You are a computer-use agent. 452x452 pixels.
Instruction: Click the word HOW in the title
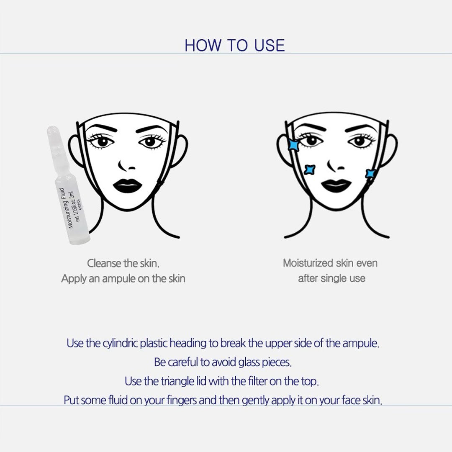pyautogui.click(x=203, y=45)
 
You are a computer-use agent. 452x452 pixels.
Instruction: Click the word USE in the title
pyautogui.click(x=269, y=45)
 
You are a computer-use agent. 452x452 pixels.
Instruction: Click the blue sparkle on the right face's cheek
pyautogui.click(x=310, y=169)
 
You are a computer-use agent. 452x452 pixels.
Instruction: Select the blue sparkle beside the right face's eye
pyautogui.click(x=294, y=145)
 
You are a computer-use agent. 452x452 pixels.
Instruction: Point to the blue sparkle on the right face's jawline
pyautogui.click(x=370, y=174)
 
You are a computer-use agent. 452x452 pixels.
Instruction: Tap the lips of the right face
pyautogui.click(x=336, y=186)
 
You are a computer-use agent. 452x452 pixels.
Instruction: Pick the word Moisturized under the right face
pyautogui.click(x=308, y=263)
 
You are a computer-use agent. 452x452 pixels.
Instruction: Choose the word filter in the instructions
pyautogui.click(x=257, y=381)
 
